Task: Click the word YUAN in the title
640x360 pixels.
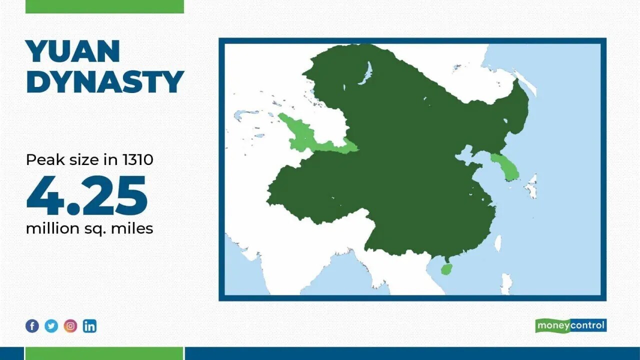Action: [x=73, y=51]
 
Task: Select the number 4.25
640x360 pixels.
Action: [x=87, y=195]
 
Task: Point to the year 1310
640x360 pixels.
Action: [x=138, y=159]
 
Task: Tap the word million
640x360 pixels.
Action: [x=52, y=228]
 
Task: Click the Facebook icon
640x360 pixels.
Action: [x=32, y=326]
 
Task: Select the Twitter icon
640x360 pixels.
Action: [x=51, y=326]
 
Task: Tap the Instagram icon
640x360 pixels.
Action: [x=70, y=326]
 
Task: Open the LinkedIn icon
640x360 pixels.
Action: [x=89, y=326]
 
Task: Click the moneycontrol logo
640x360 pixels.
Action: [x=571, y=325]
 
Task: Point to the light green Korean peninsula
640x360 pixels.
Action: [x=505, y=167]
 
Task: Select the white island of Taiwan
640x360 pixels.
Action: [x=498, y=243]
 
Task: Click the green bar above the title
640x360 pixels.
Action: [x=105, y=6]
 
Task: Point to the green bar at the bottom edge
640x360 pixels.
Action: [x=104, y=353]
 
